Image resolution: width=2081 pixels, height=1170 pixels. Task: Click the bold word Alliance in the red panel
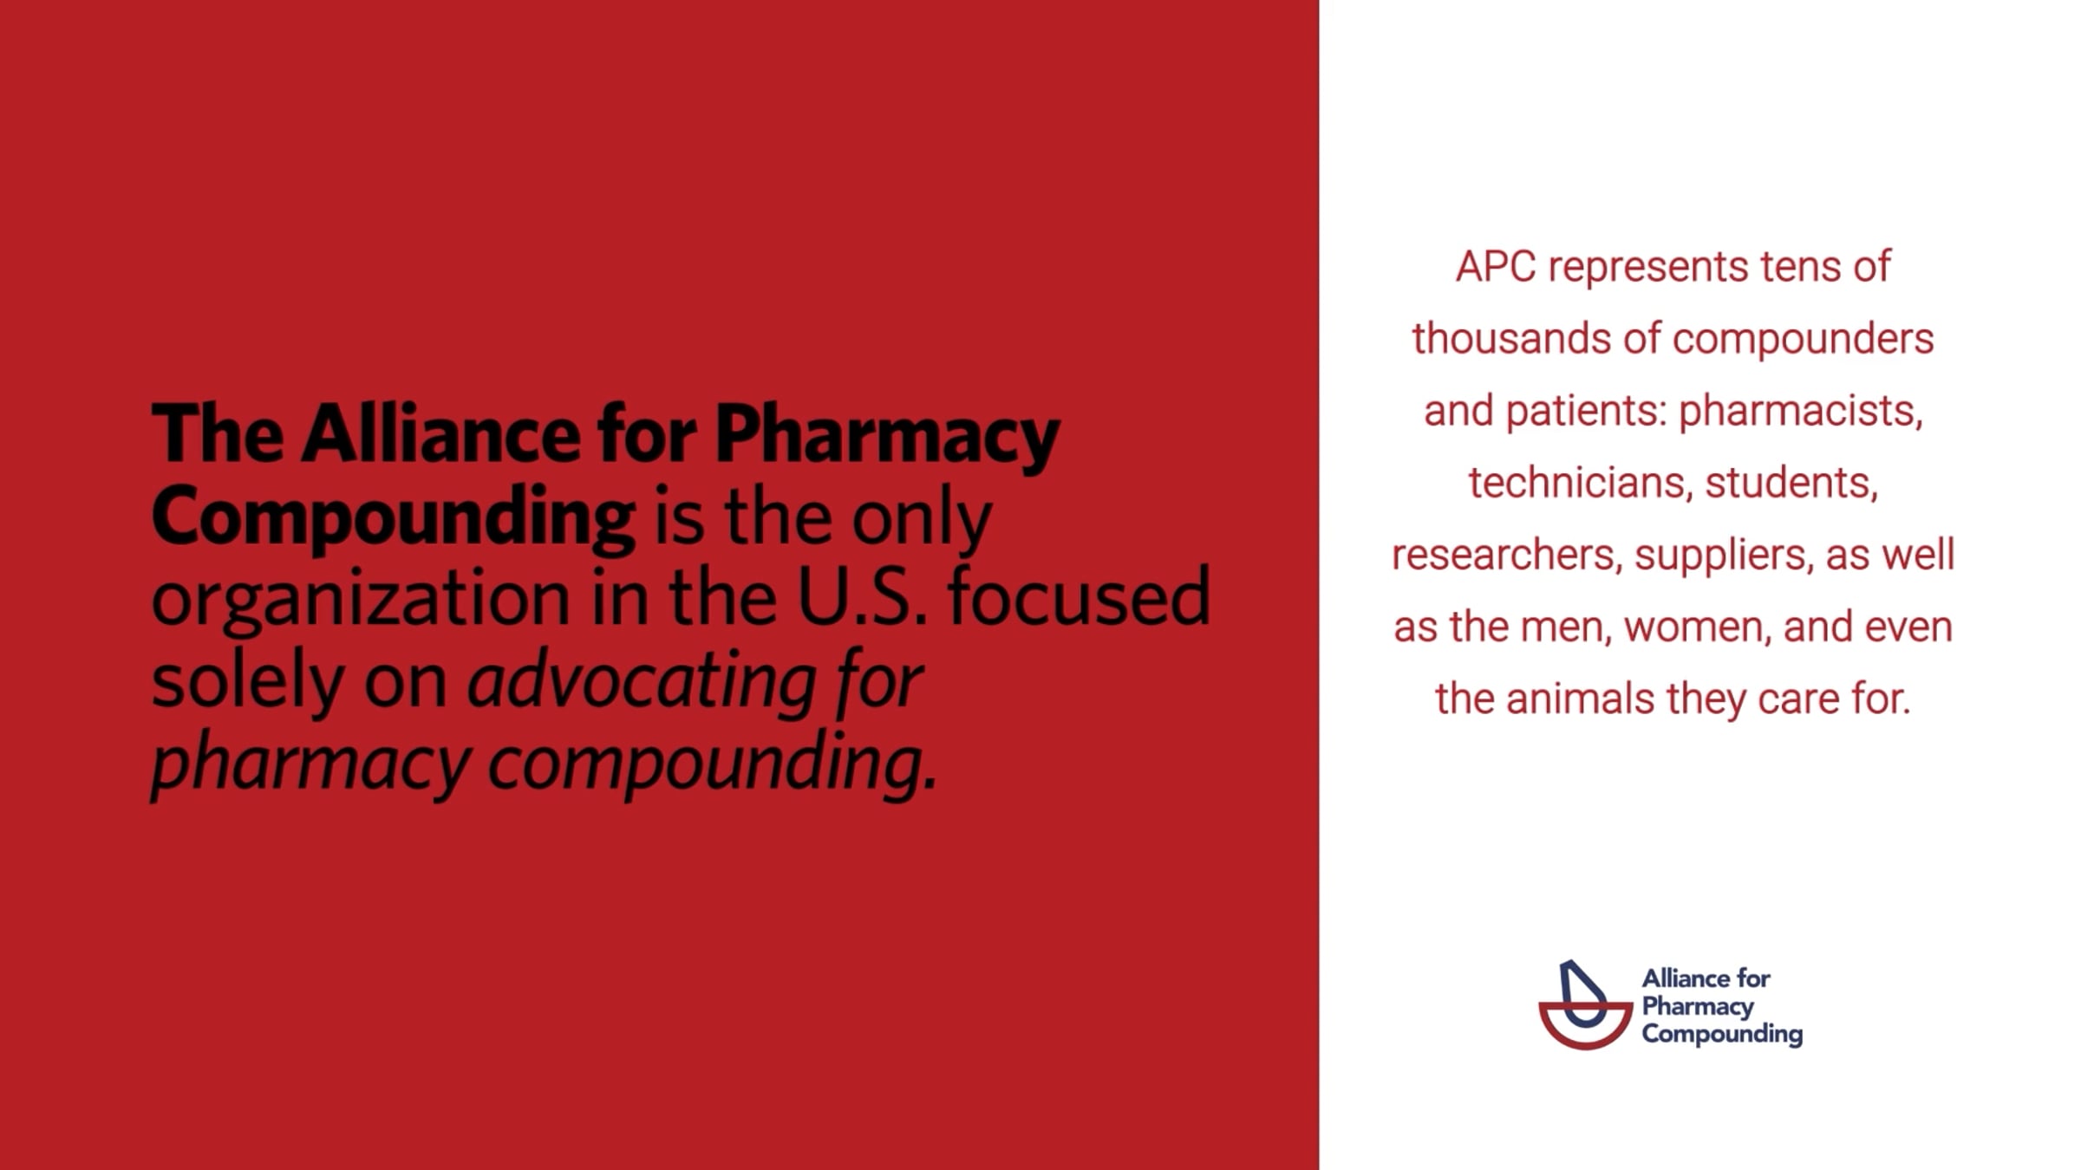click(x=440, y=433)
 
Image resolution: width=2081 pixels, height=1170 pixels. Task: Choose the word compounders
click(x=1803, y=341)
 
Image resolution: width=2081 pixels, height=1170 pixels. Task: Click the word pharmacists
click(x=1801, y=413)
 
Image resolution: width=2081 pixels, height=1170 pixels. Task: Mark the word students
click(x=1791, y=484)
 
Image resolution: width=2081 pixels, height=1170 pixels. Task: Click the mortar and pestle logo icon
click(x=1586, y=1005)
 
